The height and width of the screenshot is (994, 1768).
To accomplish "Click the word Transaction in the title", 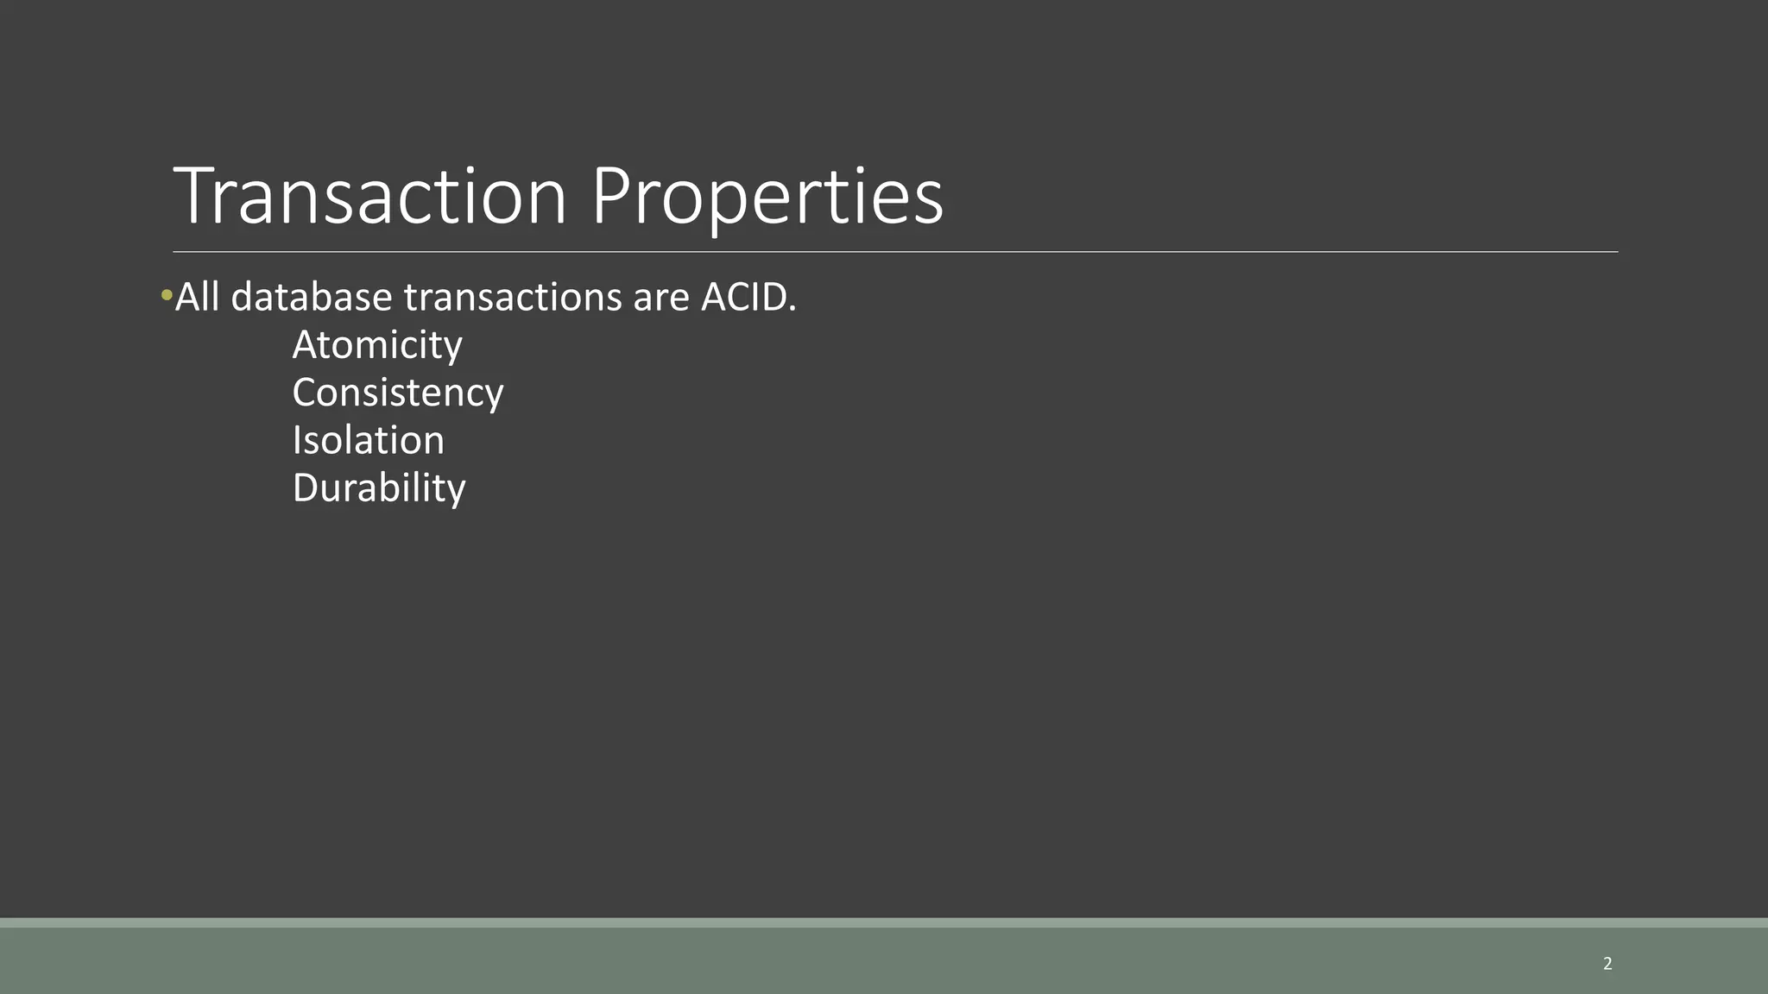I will click(369, 197).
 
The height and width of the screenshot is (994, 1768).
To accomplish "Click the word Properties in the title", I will click(767, 198).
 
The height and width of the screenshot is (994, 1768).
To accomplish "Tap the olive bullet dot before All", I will click(167, 297).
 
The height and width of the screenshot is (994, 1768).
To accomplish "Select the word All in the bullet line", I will click(198, 297).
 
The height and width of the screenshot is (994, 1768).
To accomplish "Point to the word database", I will click(312, 297).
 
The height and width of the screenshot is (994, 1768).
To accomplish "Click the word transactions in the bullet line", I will click(512, 298).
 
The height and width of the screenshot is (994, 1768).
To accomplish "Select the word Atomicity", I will click(377, 345).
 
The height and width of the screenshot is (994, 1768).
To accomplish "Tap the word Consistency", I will click(397, 393).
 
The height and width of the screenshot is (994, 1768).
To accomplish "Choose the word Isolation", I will click(368, 440).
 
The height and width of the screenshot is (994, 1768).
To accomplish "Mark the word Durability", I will click(379, 488).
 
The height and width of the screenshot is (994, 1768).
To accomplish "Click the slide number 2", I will click(1607, 964).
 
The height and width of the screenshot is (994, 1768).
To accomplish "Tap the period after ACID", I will click(792, 309).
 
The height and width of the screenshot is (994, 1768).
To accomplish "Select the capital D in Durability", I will click(306, 488).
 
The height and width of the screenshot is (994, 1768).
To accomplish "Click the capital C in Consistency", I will click(306, 393).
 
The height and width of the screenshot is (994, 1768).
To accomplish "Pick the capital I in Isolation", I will click(298, 440).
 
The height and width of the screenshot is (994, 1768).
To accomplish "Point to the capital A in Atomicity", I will click(306, 345).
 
